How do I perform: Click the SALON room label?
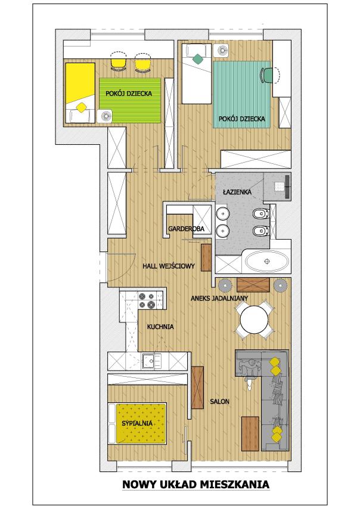pyautogui.click(x=219, y=402)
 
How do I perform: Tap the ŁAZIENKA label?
pyautogui.click(x=237, y=192)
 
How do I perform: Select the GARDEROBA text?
pyautogui.click(x=186, y=229)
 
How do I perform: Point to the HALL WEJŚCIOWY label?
pyautogui.click(x=169, y=266)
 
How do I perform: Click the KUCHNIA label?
pyautogui.click(x=160, y=327)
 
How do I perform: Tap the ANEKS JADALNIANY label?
pyautogui.click(x=219, y=298)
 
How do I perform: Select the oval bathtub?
pyautogui.click(x=267, y=261)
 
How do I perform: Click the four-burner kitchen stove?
pyautogui.click(x=147, y=300)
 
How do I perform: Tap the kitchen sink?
pyautogui.click(x=151, y=361)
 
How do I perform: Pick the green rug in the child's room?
pyautogui.click(x=130, y=100)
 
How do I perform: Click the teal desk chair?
pyautogui.click(x=266, y=75)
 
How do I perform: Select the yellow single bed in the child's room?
pyautogui.click(x=80, y=93)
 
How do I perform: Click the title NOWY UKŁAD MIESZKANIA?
pyautogui.click(x=195, y=485)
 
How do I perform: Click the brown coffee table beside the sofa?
pyautogui.click(x=250, y=434)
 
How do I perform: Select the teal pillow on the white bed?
pyautogui.click(x=197, y=59)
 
